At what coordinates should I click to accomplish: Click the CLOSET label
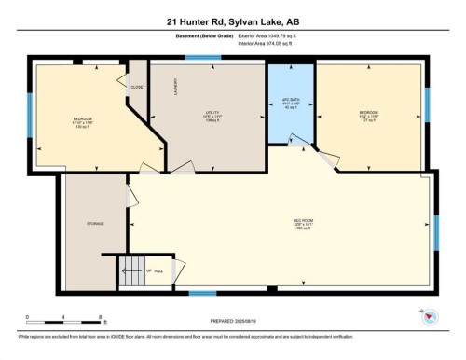(138, 88)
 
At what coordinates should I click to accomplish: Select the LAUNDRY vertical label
(176, 87)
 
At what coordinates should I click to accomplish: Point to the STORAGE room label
(95, 224)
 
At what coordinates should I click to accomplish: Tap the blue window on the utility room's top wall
(197, 59)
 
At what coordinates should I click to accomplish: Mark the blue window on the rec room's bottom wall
(203, 295)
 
